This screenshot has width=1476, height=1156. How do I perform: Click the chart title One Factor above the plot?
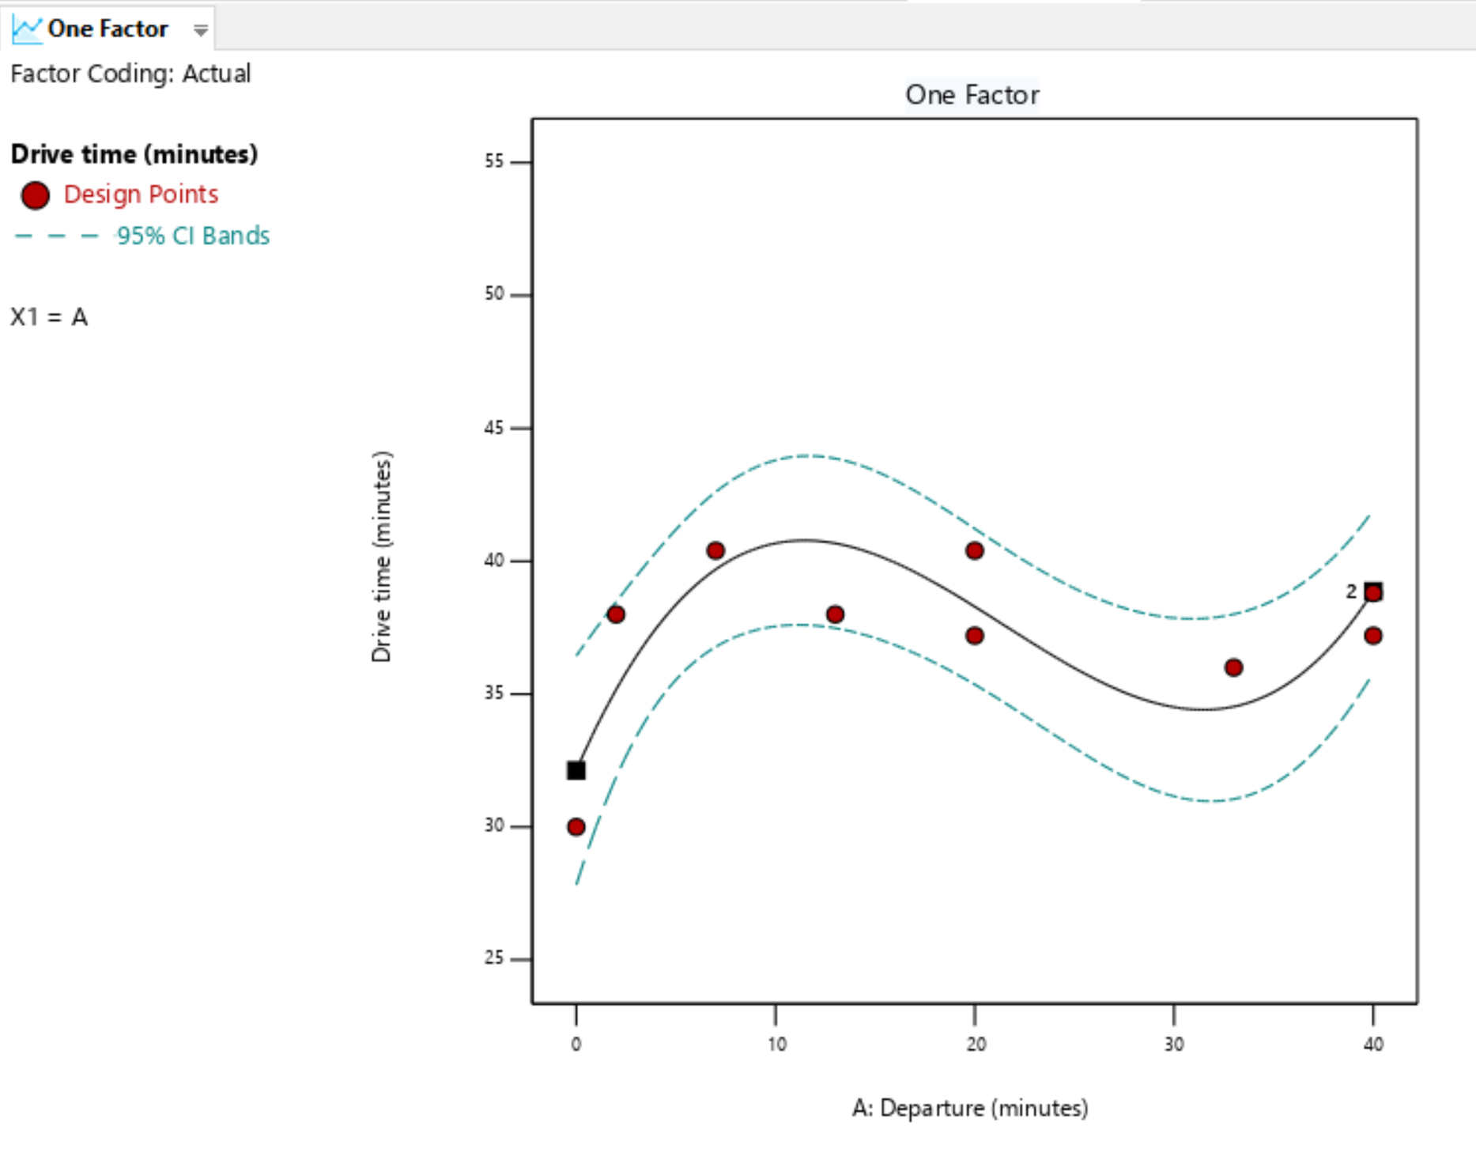tap(972, 95)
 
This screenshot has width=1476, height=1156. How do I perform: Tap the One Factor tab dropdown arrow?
tap(201, 30)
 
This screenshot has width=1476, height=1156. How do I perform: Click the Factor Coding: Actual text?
tap(130, 74)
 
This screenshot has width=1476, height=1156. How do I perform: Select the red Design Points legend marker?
tap(36, 195)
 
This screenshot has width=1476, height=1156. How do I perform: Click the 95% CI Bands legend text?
tap(193, 236)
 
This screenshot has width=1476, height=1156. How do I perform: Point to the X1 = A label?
tap(49, 317)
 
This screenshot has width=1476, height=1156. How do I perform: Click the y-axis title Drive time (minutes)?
tap(381, 557)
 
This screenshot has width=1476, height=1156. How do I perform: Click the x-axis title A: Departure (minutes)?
tap(969, 1108)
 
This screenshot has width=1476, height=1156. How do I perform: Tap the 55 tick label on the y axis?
tap(494, 161)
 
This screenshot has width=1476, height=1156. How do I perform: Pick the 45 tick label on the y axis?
tap(494, 428)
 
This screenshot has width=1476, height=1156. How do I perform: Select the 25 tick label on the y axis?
tap(494, 958)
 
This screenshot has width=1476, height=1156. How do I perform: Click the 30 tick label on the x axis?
tap(1174, 1045)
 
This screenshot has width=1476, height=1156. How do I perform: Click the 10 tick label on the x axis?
tap(776, 1045)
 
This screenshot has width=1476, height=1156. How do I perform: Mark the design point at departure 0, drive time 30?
tap(576, 827)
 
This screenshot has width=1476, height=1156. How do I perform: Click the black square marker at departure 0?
tap(576, 770)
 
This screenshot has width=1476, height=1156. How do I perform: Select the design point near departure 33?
tap(1233, 667)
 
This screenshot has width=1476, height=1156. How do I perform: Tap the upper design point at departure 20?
tap(975, 550)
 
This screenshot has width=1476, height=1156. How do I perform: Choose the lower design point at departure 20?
tap(975, 636)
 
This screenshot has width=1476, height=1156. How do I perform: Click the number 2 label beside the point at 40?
tap(1351, 591)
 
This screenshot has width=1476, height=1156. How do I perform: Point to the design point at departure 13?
tap(835, 614)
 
